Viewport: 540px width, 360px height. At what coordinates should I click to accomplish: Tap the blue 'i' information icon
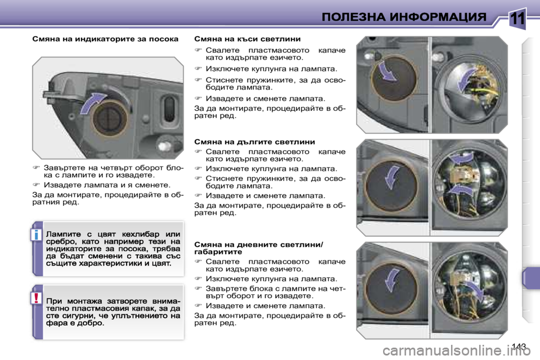[37, 234]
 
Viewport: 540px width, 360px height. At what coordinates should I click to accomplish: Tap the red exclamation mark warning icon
[37, 298]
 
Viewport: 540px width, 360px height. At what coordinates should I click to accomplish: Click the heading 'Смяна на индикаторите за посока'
[105, 39]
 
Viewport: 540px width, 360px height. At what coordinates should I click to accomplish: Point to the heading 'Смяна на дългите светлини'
[254, 142]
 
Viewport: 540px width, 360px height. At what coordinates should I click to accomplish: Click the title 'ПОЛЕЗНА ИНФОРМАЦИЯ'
[404, 17]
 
